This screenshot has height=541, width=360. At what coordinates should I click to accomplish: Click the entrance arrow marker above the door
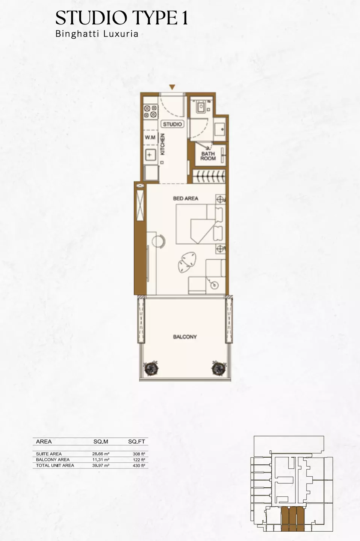click(x=172, y=88)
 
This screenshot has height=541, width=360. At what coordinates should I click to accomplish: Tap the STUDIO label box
click(x=172, y=124)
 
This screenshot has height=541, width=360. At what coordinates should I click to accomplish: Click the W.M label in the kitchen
click(x=150, y=138)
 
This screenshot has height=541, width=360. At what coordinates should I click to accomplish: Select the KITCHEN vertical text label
click(x=163, y=144)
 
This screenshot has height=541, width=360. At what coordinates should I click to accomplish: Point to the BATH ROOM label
click(x=208, y=156)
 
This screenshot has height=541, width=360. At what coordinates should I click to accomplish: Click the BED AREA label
click(x=186, y=198)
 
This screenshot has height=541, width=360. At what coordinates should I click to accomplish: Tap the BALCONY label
click(x=185, y=337)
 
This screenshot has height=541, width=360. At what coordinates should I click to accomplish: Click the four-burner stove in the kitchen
click(x=150, y=111)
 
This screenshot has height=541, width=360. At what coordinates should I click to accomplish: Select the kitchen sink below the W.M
click(x=150, y=154)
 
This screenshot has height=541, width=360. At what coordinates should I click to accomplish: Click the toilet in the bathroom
click(x=201, y=107)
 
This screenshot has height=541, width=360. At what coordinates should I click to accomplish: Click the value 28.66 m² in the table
click(x=101, y=454)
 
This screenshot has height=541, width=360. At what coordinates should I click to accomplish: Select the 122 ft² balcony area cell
click(x=139, y=459)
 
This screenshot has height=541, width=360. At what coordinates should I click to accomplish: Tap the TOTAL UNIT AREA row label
click(x=55, y=465)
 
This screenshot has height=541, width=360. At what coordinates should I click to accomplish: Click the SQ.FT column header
click(x=136, y=442)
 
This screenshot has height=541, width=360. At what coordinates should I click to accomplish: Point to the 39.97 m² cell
click(x=101, y=465)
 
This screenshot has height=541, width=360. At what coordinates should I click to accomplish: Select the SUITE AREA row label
click(x=49, y=454)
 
